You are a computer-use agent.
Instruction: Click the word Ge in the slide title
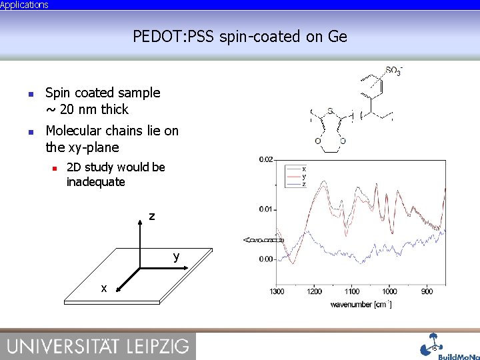pos(337,36)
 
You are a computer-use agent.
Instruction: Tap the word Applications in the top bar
pos(25,5)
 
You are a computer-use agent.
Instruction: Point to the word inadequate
pos(95,181)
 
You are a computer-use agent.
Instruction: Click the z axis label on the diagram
pos(152,217)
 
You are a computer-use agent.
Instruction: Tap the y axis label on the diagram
pos(176,256)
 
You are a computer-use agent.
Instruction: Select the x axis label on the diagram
pos(103,288)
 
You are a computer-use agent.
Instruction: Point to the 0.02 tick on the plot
pos(266,159)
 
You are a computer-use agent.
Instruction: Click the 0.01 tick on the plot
pos(266,209)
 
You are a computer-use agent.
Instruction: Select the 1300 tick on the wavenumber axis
pos(277,291)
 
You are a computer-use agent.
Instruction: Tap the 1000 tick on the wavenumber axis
pos(389,291)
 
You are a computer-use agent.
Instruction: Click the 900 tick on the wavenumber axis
pos(427,291)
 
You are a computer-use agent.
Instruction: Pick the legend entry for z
pos(304,184)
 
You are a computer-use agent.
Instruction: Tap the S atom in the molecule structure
pos(330,111)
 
